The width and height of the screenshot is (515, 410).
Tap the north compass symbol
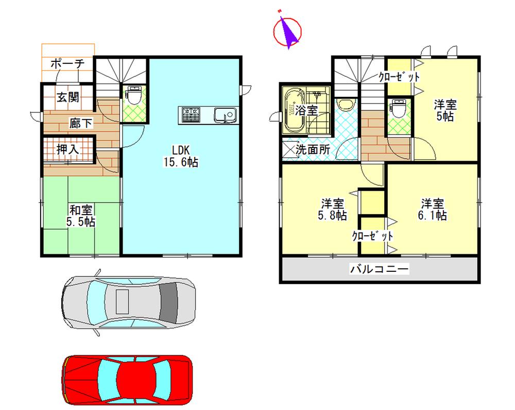287,31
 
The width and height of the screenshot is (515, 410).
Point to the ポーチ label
67,64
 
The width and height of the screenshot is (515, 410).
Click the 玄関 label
67,97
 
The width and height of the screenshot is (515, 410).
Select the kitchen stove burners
191,114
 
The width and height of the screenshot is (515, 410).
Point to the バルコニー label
380,269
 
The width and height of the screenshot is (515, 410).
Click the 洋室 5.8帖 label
334,209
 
